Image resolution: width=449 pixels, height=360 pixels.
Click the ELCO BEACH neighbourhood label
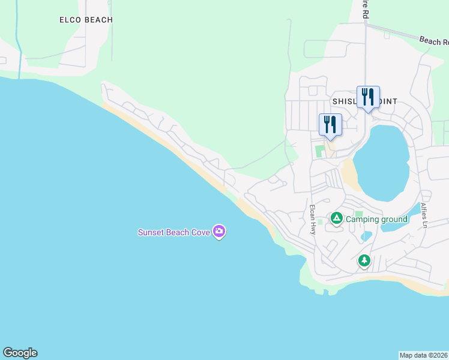click(86, 20)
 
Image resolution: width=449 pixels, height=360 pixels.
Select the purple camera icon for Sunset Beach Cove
click(219, 231)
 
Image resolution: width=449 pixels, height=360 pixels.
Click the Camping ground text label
click(376, 219)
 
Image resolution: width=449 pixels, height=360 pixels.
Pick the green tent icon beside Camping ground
click(337, 218)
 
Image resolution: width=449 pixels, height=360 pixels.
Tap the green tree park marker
click(364, 260)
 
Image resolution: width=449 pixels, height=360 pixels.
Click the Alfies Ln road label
click(424, 214)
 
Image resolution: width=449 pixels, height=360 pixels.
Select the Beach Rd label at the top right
click(434, 41)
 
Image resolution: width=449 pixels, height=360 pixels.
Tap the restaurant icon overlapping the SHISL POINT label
click(368, 97)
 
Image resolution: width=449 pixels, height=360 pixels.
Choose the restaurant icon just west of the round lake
click(330, 124)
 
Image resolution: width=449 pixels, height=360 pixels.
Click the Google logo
click(20, 353)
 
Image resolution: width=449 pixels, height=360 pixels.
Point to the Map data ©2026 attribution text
click(424, 355)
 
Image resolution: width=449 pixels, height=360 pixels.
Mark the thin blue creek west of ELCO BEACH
click(19, 48)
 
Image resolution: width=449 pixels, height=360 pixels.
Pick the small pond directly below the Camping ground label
click(366, 236)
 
